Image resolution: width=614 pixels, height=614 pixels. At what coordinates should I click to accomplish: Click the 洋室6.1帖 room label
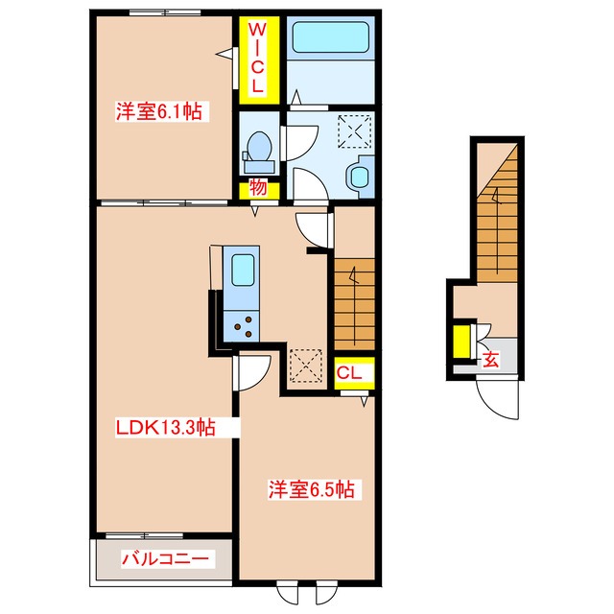click(159, 112)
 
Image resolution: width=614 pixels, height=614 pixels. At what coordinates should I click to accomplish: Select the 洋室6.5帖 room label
click(310, 489)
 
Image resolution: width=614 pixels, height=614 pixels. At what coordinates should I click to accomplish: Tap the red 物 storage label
click(258, 187)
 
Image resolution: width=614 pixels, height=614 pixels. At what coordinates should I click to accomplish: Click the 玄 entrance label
click(490, 361)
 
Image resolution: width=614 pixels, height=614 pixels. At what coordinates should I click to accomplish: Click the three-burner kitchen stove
click(239, 326)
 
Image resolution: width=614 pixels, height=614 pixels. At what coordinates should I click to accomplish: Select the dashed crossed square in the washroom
click(357, 130)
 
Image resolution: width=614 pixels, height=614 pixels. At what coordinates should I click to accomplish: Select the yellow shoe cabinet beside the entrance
click(461, 342)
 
